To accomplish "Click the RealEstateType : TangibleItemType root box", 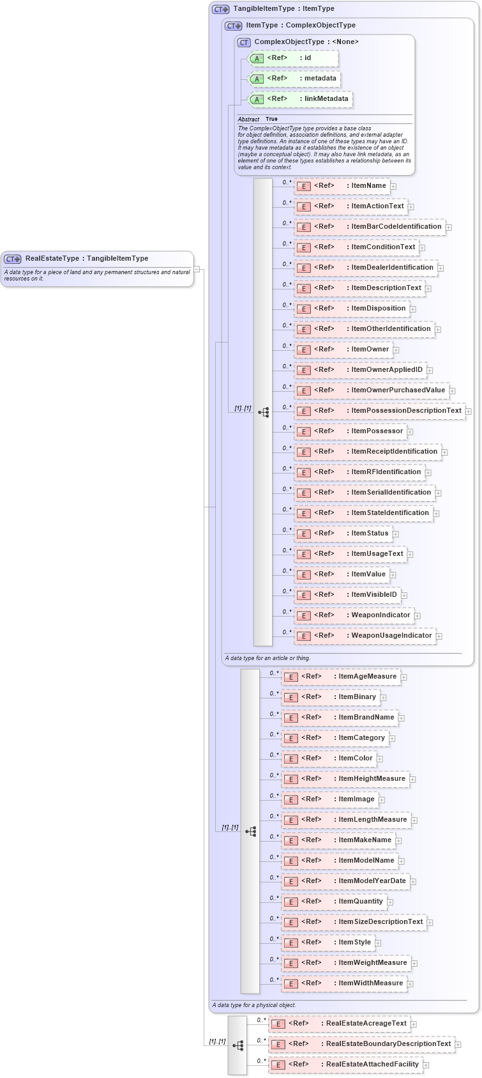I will click(x=97, y=259).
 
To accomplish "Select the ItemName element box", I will click(x=342, y=186).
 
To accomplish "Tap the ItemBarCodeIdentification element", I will click(x=369, y=227).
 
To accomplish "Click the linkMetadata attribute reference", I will click(x=299, y=99).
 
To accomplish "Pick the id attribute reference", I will click(x=293, y=58).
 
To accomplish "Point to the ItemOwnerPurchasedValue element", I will click(x=371, y=390).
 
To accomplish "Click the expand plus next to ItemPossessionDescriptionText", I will click(x=469, y=411).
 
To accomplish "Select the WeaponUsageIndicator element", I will click(x=365, y=636).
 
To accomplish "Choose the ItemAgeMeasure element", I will click(x=340, y=677).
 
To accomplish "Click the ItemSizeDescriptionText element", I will click(x=354, y=922).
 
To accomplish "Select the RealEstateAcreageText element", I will click(x=339, y=1024).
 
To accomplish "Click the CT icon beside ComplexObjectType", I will click(x=243, y=42).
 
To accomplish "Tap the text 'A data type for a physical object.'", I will click(x=254, y=1005).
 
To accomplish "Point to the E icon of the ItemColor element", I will click(x=291, y=758).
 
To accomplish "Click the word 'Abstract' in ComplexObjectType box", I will click(x=248, y=119).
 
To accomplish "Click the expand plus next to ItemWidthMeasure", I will click(x=410, y=984).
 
